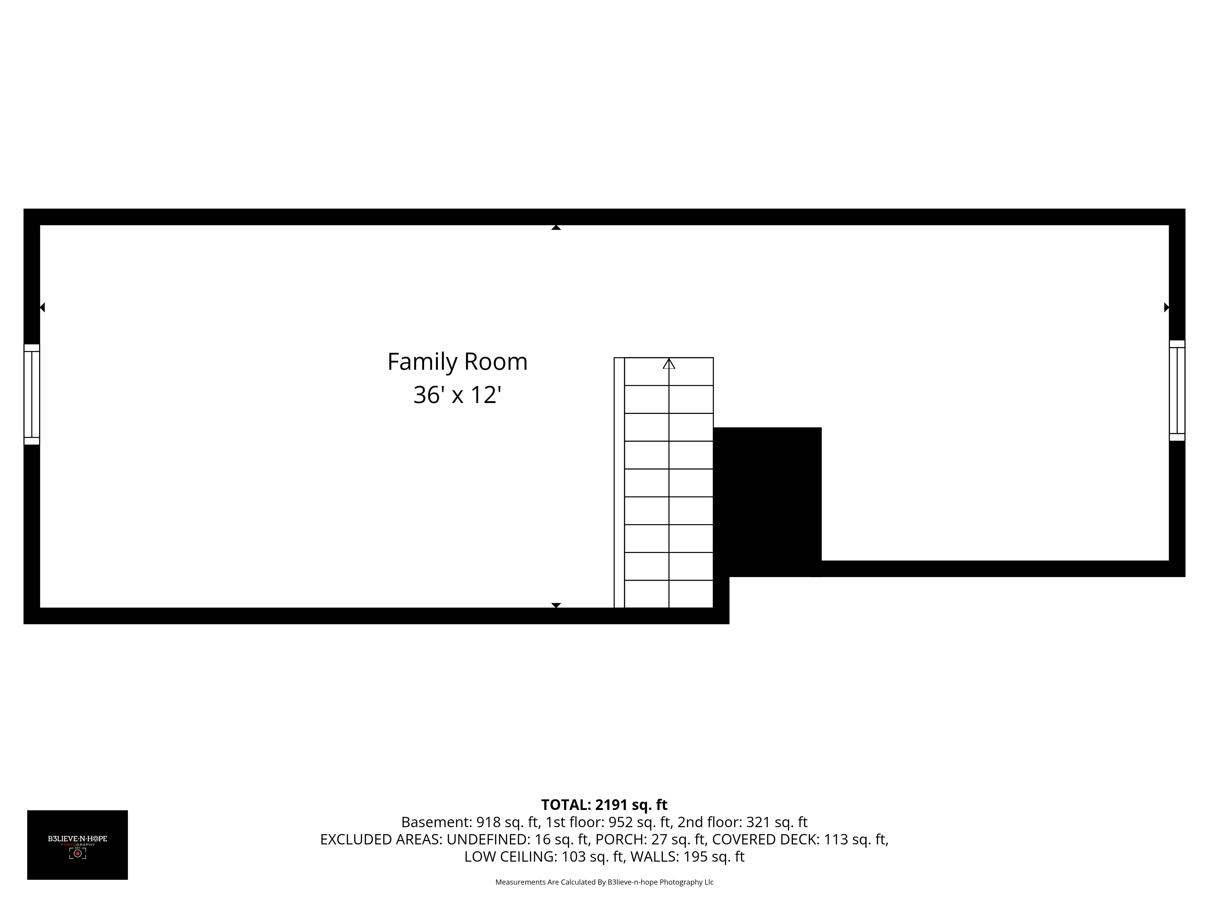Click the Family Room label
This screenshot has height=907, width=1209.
pyautogui.click(x=458, y=362)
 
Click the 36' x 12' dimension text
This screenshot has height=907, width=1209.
pyautogui.click(x=458, y=395)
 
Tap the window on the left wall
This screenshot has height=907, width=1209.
pyautogui.click(x=32, y=394)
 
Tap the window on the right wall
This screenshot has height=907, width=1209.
pyautogui.click(x=1177, y=390)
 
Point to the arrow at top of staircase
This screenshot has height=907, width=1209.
pyautogui.click(x=669, y=364)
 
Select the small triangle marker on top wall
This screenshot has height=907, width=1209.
pyautogui.click(x=556, y=227)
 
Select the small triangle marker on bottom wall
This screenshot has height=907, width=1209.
pyautogui.click(x=556, y=605)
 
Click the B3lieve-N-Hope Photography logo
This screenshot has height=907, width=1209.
pyautogui.click(x=78, y=845)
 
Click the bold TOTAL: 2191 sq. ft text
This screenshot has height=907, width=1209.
pyautogui.click(x=604, y=805)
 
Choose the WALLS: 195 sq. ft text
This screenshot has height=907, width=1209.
pyautogui.click(x=688, y=857)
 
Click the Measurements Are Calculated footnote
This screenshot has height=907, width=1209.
pyautogui.click(x=604, y=882)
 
